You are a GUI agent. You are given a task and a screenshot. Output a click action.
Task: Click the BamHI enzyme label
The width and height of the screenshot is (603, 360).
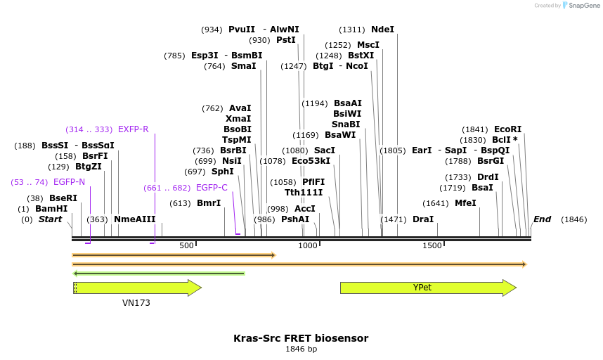tap(51, 209)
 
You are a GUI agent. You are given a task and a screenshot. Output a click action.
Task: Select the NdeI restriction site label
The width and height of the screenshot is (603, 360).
tap(382, 30)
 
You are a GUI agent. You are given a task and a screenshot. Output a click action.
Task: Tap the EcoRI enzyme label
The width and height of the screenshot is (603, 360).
tap(507, 129)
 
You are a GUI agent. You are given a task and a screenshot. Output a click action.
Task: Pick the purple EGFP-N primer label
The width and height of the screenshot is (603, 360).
tap(69, 182)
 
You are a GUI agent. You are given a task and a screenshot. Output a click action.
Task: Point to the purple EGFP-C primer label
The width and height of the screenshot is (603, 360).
tap(212, 188)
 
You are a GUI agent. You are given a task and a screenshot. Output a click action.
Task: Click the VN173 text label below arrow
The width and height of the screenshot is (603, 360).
tap(136, 303)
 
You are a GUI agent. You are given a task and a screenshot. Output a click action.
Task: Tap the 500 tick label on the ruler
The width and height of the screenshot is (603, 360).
tap(186, 245)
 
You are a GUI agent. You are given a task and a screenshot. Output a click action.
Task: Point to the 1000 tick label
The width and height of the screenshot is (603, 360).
tap(308, 245)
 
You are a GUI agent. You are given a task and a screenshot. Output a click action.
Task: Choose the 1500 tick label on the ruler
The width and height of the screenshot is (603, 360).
tap(432, 245)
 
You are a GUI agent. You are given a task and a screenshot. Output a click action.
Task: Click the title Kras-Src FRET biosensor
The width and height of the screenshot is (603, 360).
tap(301, 338)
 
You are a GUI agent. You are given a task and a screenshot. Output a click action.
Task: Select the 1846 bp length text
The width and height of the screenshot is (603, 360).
tap(301, 349)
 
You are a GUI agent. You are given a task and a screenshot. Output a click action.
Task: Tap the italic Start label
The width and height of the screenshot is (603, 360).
tap(50, 219)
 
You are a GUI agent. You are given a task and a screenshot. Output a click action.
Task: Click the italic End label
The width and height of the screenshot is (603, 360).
tap(542, 219)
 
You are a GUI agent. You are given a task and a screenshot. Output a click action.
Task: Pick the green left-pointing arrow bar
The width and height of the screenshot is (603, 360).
tap(159, 274)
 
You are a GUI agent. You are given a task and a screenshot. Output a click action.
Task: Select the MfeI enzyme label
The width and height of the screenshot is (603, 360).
tap(465, 203)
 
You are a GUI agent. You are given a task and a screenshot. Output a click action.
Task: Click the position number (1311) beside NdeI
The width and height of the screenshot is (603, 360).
tap(351, 30)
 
